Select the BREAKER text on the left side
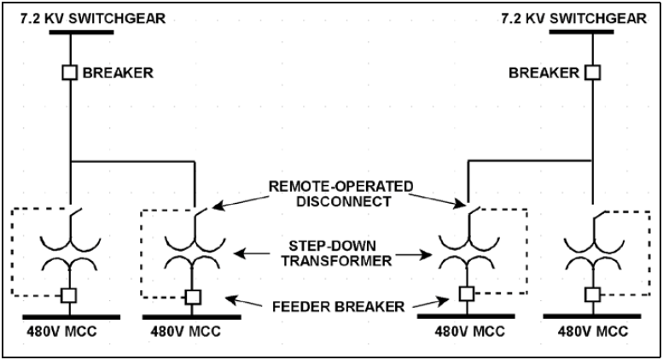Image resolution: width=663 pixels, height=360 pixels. [x=118, y=73]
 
